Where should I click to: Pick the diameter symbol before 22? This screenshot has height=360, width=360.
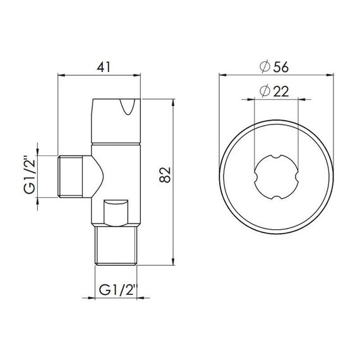[x=265, y=92]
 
